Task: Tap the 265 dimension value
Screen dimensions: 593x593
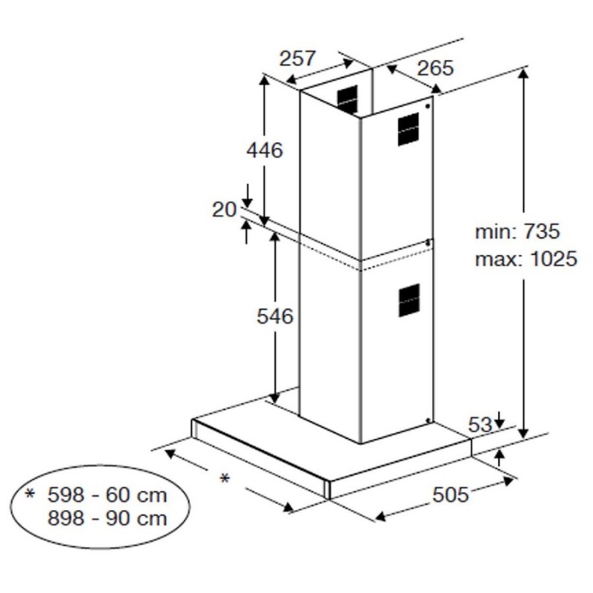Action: tap(434, 68)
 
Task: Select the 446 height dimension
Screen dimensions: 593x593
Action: tap(265, 150)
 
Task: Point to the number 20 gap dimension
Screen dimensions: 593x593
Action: tap(224, 210)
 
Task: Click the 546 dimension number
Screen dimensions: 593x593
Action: tap(275, 317)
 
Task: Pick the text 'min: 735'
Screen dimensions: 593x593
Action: tap(517, 231)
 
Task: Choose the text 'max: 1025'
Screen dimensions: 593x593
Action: tap(526, 259)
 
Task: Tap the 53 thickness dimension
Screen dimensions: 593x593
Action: tap(480, 425)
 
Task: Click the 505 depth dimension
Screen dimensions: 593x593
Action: tap(451, 495)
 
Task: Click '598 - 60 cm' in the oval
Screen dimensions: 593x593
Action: tap(107, 494)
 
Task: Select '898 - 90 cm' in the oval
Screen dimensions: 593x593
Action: tap(107, 517)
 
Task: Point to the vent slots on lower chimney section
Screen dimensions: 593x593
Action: tap(408, 301)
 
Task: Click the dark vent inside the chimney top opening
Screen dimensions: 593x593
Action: tap(346, 98)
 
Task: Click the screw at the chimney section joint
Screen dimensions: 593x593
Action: tap(428, 243)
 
